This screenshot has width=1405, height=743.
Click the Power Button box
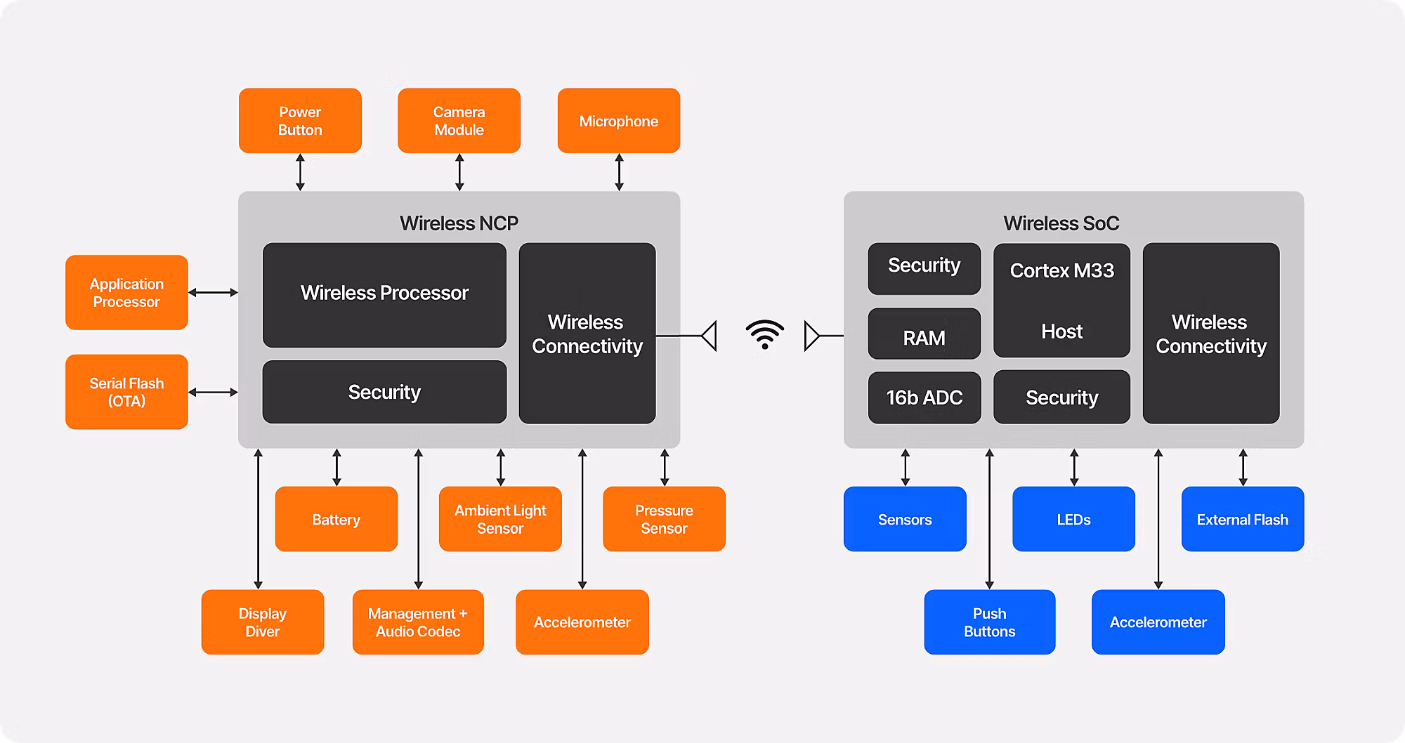tap(300, 121)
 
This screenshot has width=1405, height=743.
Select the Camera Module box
tap(459, 121)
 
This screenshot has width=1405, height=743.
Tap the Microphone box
tap(618, 121)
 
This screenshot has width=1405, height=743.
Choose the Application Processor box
tap(126, 293)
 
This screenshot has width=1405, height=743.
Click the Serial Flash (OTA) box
tap(126, 392)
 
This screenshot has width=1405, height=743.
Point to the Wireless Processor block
tap(384, 294)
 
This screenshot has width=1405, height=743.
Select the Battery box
tap(336, 519)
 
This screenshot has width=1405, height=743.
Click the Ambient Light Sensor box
tap(500, 519)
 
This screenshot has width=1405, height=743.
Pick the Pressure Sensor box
tap(664, 519)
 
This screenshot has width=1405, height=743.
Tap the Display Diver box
tap(262, 622)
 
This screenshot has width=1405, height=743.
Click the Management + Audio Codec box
tap(418, 622)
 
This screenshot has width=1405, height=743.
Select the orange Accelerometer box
tap(582, 622)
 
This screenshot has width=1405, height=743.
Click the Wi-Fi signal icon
tap(764, 334)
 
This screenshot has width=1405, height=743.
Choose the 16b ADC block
tap(924, 397)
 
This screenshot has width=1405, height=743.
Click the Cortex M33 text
tap(1061, 271)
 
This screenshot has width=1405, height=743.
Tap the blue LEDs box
tap(1073, 519)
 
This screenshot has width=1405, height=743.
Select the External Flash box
tap(1242, 519)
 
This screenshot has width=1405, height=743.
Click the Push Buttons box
tap(989, 622)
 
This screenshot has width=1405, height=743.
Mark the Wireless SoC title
tap(1061, 223)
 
